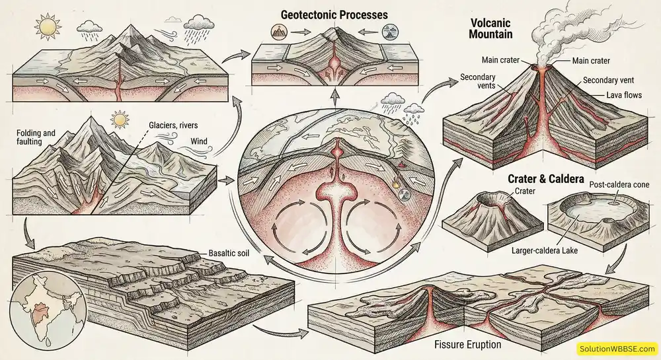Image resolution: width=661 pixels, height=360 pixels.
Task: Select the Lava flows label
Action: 623,95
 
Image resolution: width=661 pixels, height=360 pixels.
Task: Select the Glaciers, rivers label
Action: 175,125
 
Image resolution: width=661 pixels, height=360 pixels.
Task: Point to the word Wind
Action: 199,141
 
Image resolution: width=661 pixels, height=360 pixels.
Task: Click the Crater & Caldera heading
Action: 545,179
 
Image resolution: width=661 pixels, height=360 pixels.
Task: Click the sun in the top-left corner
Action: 48,27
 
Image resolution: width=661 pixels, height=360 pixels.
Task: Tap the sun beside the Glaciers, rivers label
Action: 120,120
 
